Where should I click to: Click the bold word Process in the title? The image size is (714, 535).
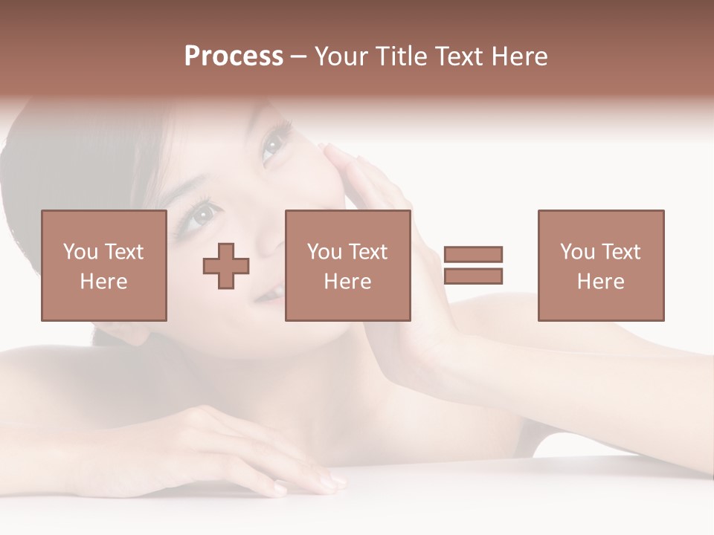pos(234,56)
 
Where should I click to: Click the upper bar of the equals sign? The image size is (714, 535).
pos(473,255)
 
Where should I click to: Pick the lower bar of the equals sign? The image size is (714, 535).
pos(473,276)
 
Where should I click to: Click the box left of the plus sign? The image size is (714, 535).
pos(103,265)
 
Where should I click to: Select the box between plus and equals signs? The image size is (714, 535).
pos(347,265)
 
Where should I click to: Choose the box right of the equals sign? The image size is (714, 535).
pos(600,265)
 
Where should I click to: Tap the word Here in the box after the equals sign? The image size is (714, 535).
pos(600,282)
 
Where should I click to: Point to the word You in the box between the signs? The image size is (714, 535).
pos(324,252)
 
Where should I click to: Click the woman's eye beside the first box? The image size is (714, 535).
pos(202,216)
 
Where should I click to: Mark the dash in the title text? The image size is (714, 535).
pos(299,57)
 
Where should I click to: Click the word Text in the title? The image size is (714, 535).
pos(454,56)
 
